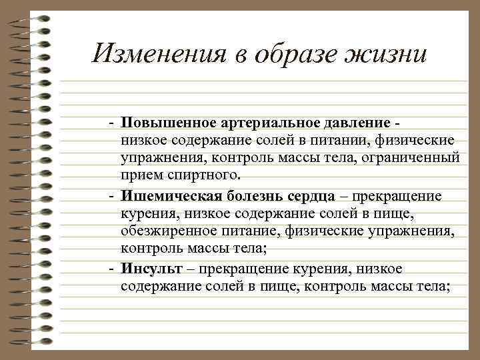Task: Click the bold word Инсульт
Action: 147,267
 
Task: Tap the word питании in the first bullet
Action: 347,141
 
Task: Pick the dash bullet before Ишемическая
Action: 113,196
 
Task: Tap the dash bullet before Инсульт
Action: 113,268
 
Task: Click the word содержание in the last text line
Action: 160,285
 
